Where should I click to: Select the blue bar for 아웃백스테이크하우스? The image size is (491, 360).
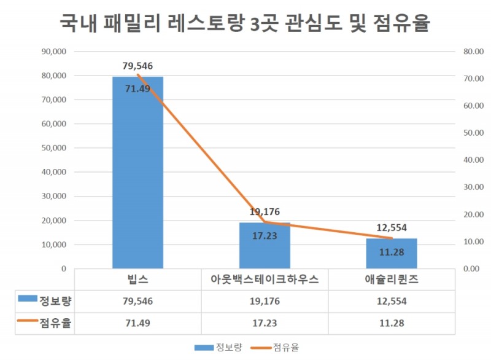[x=265, y=246]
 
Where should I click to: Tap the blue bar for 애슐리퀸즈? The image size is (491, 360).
[x=392, y=253]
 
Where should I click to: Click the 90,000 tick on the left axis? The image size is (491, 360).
[x=54, y=52]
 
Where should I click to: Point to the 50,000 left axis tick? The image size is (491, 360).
[x=54, y=148]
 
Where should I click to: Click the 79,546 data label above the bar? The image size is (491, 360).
[x=137, y=66]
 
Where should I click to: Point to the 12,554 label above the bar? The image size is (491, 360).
[x=392, y=227]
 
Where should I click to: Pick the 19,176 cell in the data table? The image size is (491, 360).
[x=265, y=301]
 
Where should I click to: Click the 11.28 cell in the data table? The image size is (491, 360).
[x=392, y=323]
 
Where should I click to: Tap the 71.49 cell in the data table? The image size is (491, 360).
[x=137, y=323]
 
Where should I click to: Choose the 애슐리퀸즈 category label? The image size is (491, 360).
[x=392, y=280]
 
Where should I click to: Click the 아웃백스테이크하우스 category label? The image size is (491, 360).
[x=265, y=280]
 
